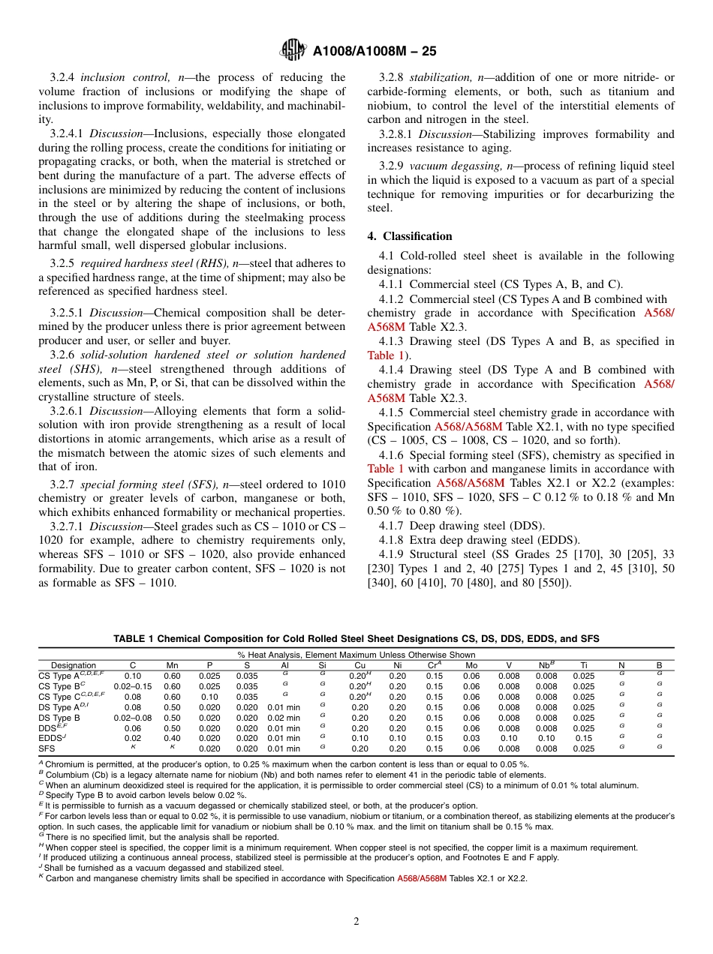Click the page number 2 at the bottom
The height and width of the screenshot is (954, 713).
[356, 922]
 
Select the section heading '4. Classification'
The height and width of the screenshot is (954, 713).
[409, 235]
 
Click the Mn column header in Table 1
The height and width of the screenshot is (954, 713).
[172, 665]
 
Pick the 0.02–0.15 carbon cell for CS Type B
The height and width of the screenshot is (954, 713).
[133, 686]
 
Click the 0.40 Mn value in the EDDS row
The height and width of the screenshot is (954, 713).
[172, 739]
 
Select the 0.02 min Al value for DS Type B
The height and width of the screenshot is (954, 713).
[284, 718]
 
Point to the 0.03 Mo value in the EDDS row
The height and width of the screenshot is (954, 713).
[471, 739]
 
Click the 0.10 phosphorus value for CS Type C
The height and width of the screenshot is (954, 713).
[209, 697]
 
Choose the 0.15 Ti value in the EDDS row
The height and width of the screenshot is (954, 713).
[583, 739]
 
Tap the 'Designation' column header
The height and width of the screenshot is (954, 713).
[74, 665]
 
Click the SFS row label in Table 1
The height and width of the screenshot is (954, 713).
[47, 749]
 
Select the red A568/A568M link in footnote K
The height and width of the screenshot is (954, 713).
[422, 878]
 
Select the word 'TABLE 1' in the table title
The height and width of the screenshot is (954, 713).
[134, 639]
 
